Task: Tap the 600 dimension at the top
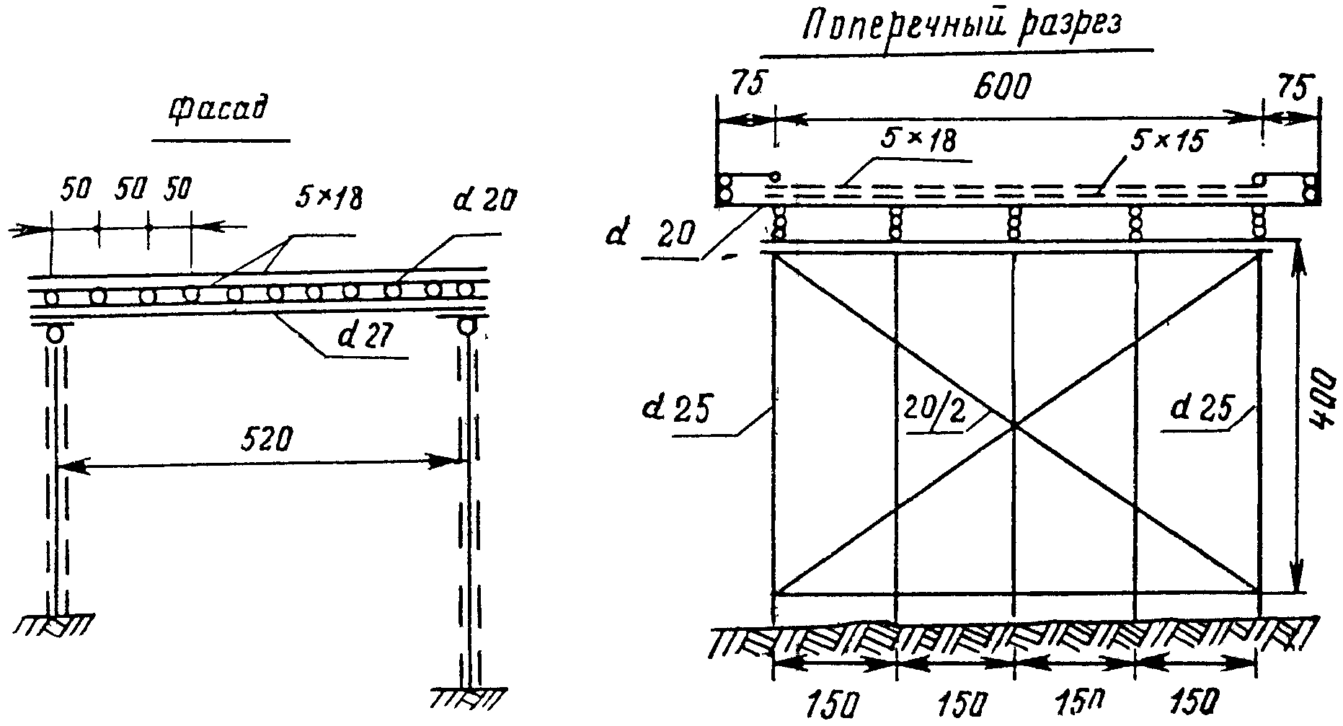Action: point(1003,87)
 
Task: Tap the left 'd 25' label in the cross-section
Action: point(677,409)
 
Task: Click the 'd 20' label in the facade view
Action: point(484,202)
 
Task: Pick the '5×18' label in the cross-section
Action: point(916,139)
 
